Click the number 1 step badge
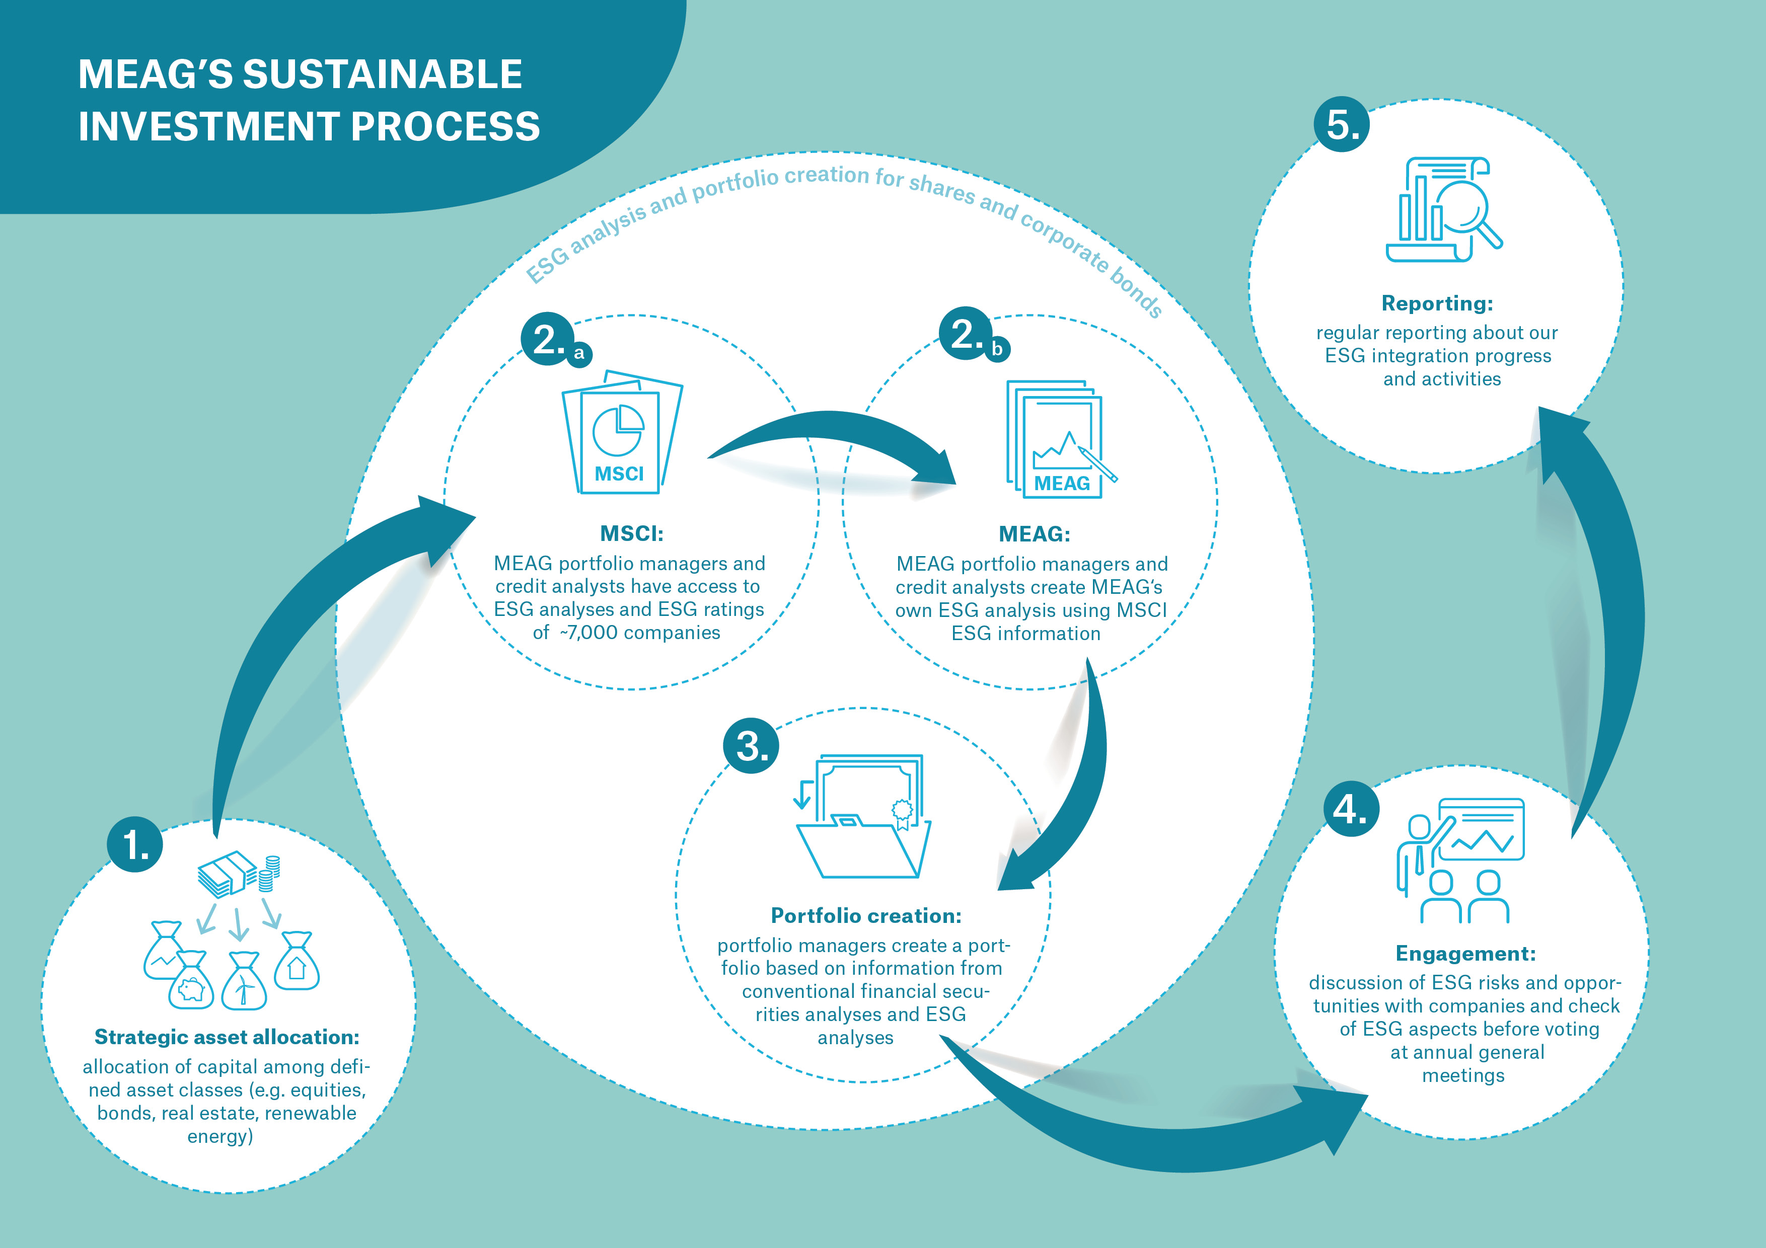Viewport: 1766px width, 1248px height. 134,844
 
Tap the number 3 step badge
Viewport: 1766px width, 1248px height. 751,746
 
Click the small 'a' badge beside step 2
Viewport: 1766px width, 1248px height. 579,353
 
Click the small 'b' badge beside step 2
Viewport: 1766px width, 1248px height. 997,348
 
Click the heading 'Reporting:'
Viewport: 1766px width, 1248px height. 1437,303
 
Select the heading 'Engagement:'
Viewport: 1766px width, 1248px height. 1465,954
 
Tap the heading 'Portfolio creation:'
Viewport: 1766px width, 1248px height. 866,915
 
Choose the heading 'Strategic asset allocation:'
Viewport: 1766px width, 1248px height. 227,1037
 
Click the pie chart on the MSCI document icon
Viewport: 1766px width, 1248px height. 618,431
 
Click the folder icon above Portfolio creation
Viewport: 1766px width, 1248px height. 861,846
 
